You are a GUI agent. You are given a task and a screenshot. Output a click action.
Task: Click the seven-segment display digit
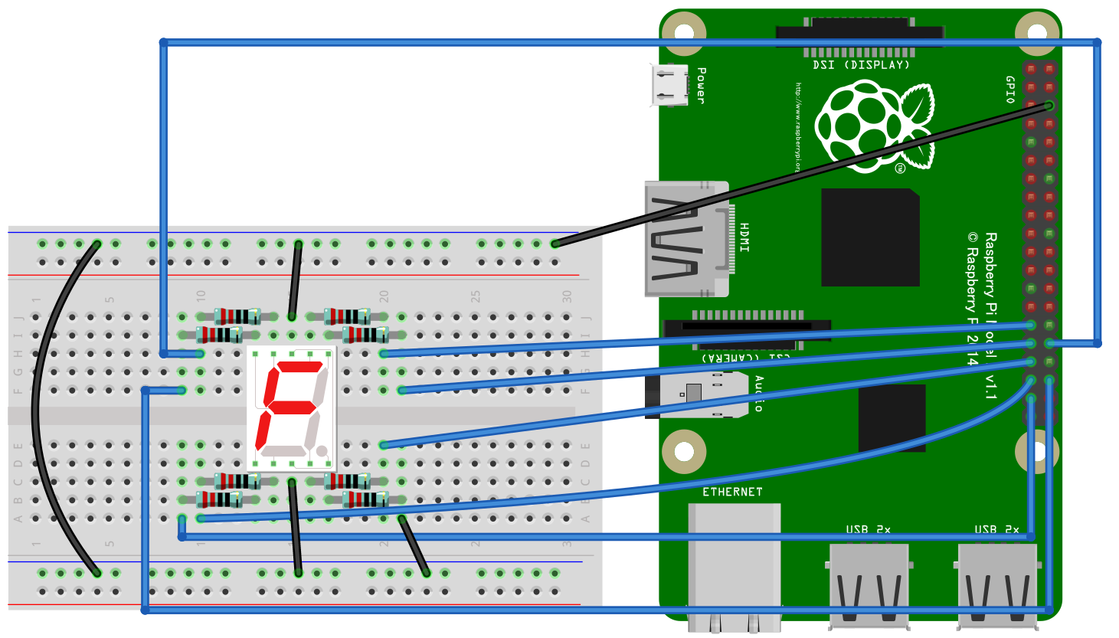[291, 407]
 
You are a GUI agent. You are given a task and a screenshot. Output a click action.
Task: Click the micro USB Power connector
[669, 84]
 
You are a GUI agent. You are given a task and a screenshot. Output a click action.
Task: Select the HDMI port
[685, 239]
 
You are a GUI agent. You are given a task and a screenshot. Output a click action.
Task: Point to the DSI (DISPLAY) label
[861, 65]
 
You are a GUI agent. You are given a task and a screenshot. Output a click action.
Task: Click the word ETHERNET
[732, 492]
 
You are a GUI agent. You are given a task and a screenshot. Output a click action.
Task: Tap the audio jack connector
[697, 395]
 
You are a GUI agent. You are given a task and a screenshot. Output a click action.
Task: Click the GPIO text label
[1009, 90]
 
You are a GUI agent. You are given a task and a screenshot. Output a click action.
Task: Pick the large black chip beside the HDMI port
[870, 237]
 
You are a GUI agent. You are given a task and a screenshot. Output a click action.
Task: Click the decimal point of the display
[322, 450]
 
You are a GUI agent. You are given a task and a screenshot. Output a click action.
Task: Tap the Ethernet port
[734, 567]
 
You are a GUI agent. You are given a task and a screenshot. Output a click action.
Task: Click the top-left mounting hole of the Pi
[683, 33]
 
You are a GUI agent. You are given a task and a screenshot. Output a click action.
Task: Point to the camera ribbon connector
[747, 328]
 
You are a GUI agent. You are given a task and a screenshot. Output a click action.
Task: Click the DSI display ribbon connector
[859, 33]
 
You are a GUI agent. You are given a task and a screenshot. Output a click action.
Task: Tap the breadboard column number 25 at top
[476, 296]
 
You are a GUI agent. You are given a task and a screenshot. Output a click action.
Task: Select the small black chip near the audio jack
[892, 417]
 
